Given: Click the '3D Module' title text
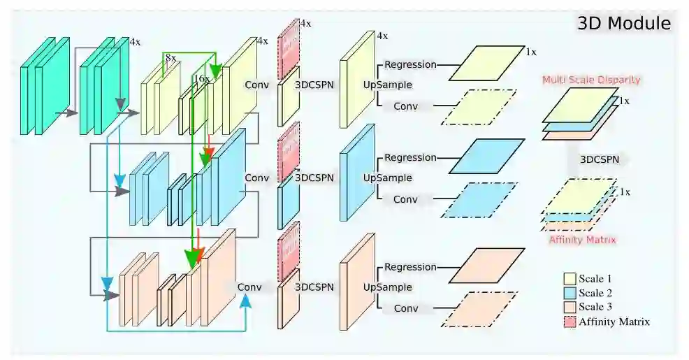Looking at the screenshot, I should click(x=624, y=24).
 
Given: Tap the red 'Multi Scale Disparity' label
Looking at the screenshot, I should click(x=591, y=80).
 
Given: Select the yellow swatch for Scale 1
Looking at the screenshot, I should click(x=570, y=279).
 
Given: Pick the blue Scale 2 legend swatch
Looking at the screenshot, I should click(x=570, y=293).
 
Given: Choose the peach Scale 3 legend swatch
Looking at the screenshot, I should click(x=570, y=308).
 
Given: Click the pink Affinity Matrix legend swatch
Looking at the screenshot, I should click(x=570, y=322).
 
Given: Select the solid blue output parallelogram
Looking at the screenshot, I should click(x=486, y=155).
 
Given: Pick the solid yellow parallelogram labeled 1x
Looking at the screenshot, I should click(x=486, y=63).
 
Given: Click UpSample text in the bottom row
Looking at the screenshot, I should click(x=387, y=287).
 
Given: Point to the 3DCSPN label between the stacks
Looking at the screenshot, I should click(x=603, y=159).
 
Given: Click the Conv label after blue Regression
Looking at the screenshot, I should click(x=405, y=199).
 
